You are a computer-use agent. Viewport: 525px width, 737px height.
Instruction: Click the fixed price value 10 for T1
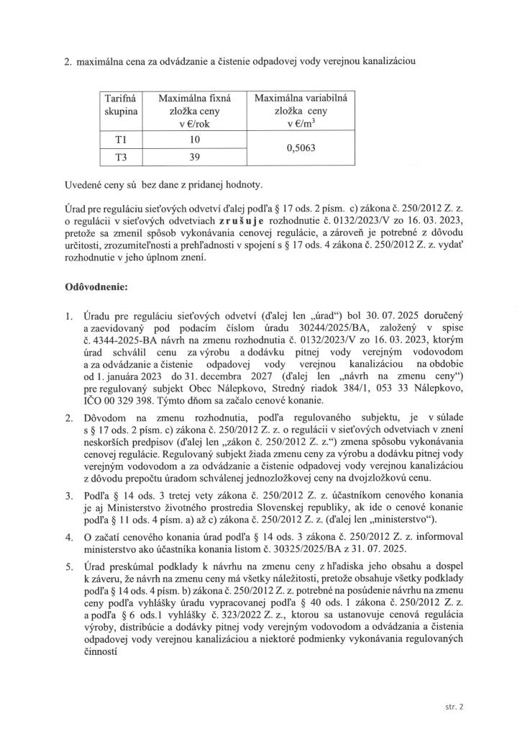pyautogui.click(x=193, y=140)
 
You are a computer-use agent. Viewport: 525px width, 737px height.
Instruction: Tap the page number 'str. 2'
pyautogui.click(x=455, y=706)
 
